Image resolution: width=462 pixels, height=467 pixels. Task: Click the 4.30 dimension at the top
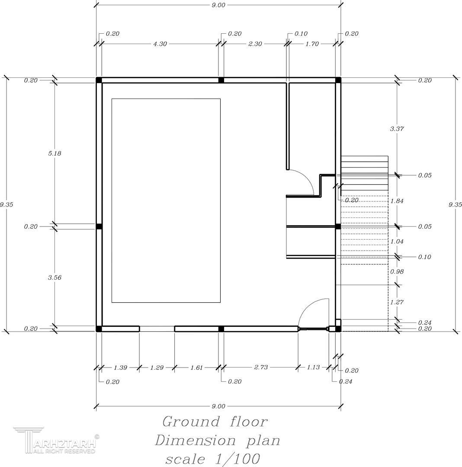coord(160,44)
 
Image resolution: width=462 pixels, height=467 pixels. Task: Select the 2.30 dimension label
coord(255,44)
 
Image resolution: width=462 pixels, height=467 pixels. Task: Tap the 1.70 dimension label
coord(312,44)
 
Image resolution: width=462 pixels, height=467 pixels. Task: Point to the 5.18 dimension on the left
coord(55,154)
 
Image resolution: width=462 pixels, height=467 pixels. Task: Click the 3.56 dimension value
coord(55,278)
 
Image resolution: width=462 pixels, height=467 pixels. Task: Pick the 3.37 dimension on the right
coord(397,129)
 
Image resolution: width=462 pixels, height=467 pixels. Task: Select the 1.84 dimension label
coord(397,201)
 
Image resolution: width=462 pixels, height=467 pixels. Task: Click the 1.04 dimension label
coord(397,242)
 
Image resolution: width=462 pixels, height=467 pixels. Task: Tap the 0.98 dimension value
coord(397,272)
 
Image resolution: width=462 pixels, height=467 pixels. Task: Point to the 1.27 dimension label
coord(397,302)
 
